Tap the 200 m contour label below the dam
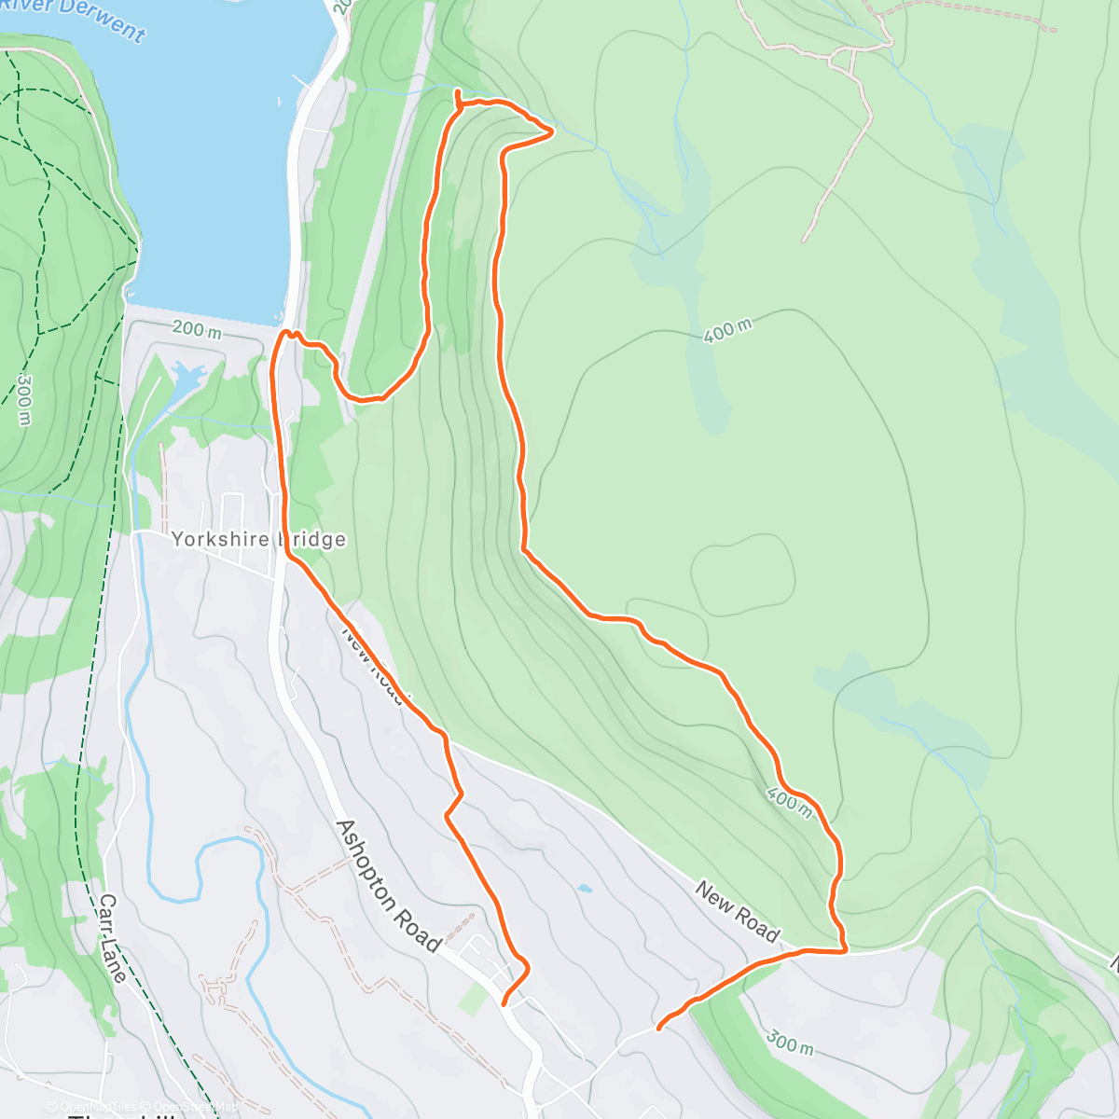pyautogui.click(x=197, y=330)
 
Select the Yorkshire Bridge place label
pyautogui.click(x=258, y=539)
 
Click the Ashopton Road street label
pyautogui.click(x=388, y=886)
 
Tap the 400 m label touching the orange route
pyautogui.click(x=789, y=800)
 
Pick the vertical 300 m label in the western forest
pyautogui.click(x=24, y=399)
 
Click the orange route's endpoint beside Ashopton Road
pyautogui.click(x=504, y=1004)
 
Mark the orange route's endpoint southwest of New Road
pyautogui.click(x=658, y=1029)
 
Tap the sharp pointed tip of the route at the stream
pyautogui.click(x=554, y=132)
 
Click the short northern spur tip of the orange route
pyautogui.click(x=457, y=90)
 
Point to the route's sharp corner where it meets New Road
pyautogui.click(x=845, y=950)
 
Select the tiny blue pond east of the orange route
pyautogui.click(x=584, y=889)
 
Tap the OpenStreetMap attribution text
pyautogui.click(x=196, y=1107)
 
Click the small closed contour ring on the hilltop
pyautogui.click(x=743, y=575)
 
